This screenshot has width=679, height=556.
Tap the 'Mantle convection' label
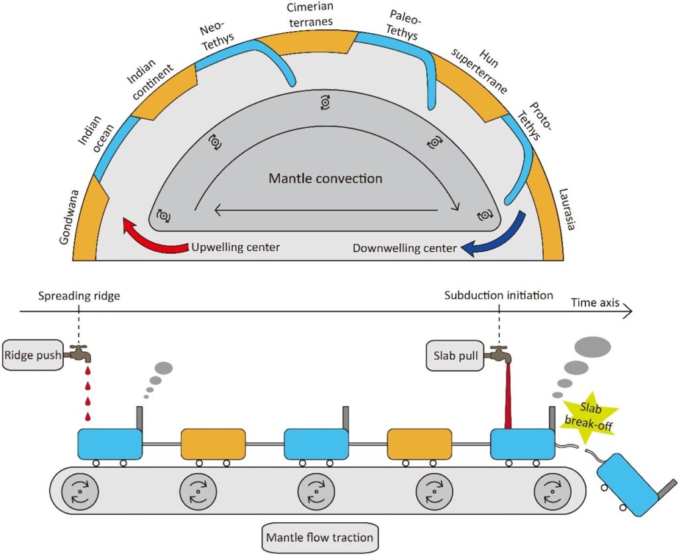pyautogui.click(x=325, y=179)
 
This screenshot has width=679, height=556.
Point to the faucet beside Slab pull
pyautogui.click(x=499, y=355)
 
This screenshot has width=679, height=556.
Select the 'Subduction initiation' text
pyautogui.click(x=499, y=295)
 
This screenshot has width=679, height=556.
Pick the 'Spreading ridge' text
pyautogui.click(x=80, y=296)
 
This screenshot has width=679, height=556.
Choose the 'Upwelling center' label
pyautogui.click(x=235, y=248)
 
